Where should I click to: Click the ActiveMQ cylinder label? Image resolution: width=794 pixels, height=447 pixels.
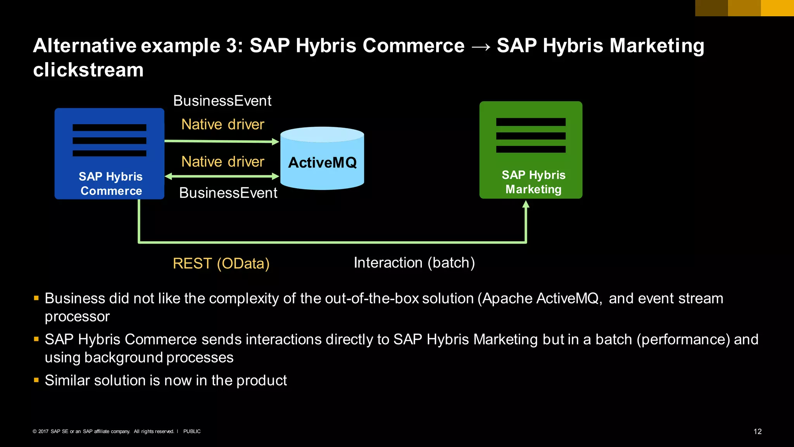coord(322,163)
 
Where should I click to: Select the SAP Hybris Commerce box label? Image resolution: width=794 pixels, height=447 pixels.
coord(111,184)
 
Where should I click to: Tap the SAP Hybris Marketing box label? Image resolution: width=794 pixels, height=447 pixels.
coord(533,182)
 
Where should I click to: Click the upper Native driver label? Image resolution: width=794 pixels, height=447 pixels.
coord(223,125)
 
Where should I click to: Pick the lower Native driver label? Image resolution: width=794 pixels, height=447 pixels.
coord(223,162)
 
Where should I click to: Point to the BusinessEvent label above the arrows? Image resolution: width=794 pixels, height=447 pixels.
coord(222,101)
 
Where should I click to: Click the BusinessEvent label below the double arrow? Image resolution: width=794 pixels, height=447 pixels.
coord(228,193)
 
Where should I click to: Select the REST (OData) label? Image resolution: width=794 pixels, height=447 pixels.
coord(221,263)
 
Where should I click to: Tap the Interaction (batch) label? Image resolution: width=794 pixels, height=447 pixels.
coord(414,263)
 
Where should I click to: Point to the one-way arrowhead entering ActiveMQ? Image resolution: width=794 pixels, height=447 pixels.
coord(275,142)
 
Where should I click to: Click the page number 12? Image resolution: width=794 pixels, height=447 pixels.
coord(757,431)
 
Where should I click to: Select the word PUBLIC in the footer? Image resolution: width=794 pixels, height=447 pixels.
coord(192,431)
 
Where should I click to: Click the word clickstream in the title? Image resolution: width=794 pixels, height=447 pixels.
coord(88,70)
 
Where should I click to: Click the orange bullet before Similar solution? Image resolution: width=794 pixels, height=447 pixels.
coord(36,380)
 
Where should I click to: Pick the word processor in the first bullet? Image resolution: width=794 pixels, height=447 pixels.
coord(77,317)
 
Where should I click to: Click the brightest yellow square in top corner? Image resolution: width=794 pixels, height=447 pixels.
coord(777,8)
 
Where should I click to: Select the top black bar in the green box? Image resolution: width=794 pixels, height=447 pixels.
coord(530,122)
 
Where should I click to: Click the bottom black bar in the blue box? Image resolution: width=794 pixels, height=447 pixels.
coord(109,153)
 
